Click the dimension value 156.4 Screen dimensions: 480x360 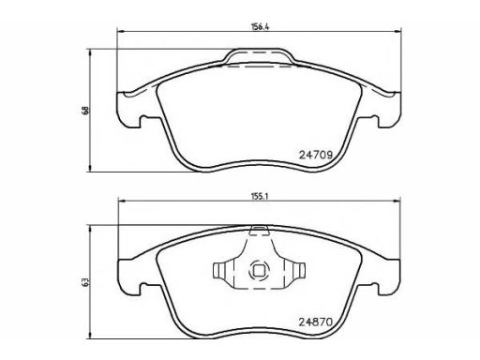(x=260, y=26)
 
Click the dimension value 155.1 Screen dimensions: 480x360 (x=260, y=197)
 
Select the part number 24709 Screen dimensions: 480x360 (x=316, y=155)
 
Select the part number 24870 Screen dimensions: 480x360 (x=316, y=322)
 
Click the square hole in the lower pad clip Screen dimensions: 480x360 (x=259, y=271)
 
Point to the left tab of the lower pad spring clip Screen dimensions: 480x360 (x=223, y=271)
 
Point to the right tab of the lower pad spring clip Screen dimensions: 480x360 (x=294, y=271)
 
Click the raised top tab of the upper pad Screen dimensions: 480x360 (x=259, y=56)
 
